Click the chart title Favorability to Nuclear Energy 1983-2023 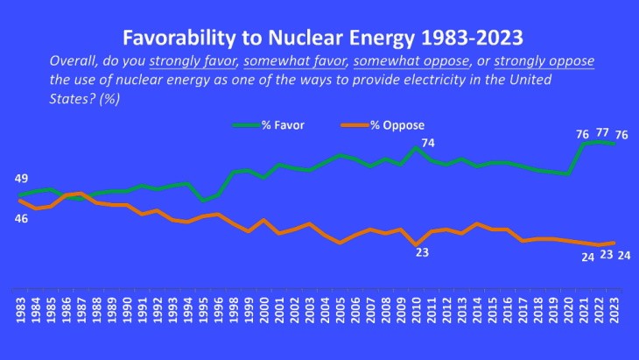[319, 38]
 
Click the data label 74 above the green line [428, 143]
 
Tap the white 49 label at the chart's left [22, 179]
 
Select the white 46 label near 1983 [22, 217]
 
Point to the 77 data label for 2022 [603, 134]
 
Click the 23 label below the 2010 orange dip [422, 252]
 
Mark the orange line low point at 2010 [416, 244]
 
